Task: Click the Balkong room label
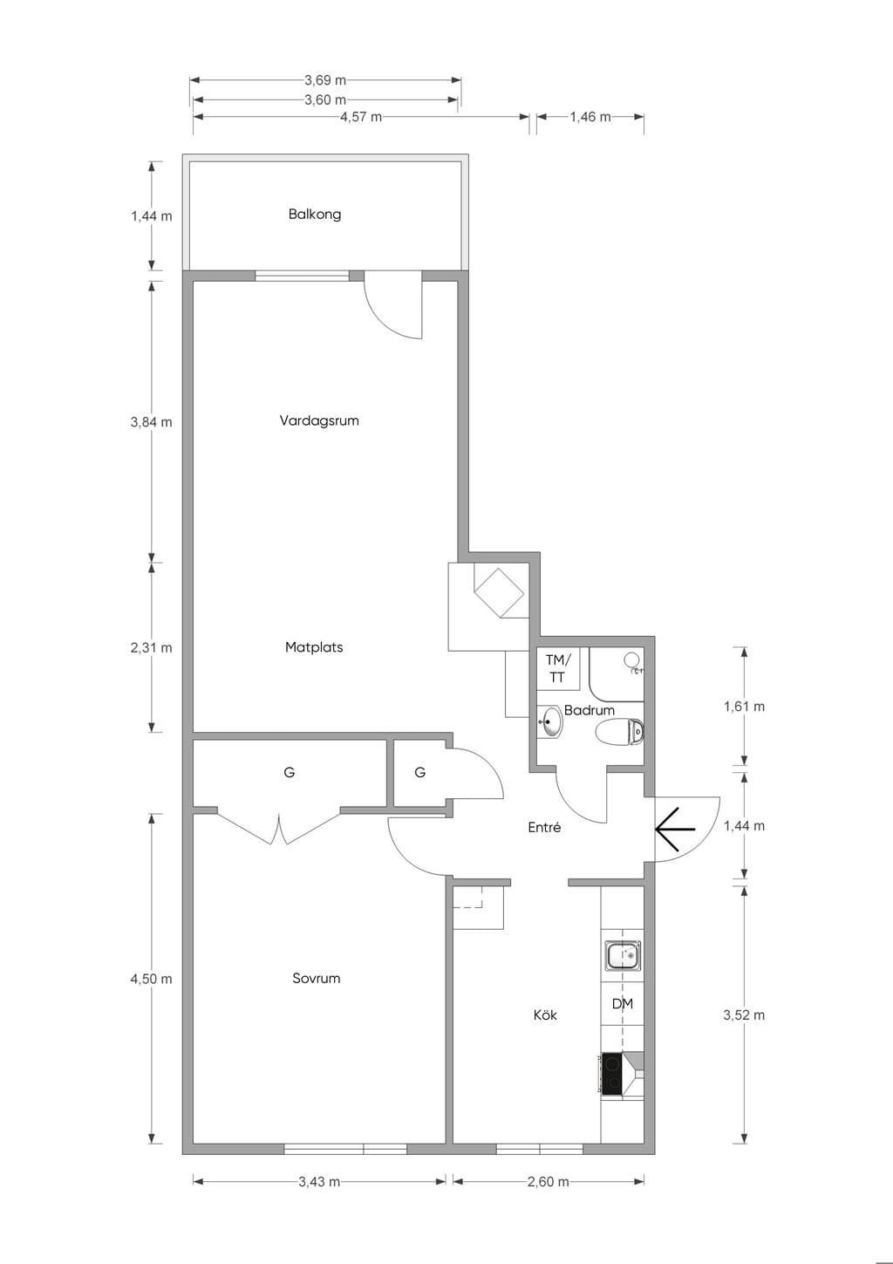(314, 215)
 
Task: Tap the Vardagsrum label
(318, 420)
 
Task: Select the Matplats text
(314, 647)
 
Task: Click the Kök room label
(545, 1015)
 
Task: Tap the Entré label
(544, 828)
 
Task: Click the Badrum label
(589, 710)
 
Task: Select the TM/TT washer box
(557, 668)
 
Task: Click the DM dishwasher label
(623, 1004)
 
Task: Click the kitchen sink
(623, 954)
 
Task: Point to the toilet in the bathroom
(619, 732)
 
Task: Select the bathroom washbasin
(550, 722)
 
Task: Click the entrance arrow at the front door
(675, 829)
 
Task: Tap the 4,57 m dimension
(360, 117)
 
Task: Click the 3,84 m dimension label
(151, 421)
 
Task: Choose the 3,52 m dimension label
(744, 1015)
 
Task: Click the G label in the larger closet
(290, 772)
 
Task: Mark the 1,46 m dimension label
(590, 117)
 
